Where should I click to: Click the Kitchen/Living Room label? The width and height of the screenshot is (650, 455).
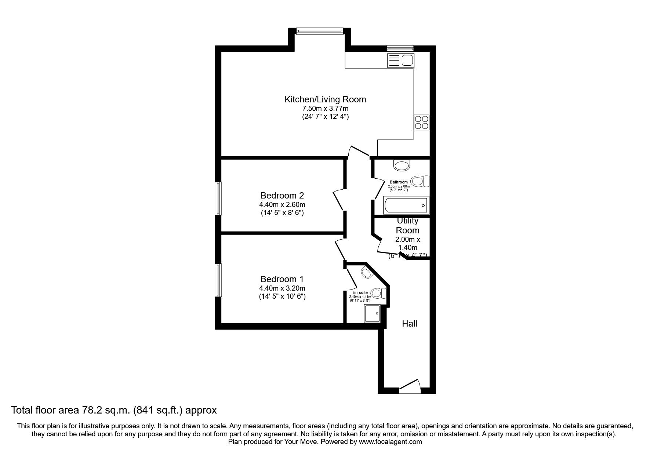point(325,99)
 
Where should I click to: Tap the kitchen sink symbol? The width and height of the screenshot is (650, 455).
point(400,61)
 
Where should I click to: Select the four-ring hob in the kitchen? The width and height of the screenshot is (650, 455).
point(421,122)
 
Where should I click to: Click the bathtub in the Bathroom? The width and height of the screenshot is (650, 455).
point(406,205)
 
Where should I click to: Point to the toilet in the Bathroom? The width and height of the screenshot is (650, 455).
point(420,181)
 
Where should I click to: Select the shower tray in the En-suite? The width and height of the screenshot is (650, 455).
point(372,313)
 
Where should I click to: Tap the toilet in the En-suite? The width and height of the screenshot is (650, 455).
point(378,293)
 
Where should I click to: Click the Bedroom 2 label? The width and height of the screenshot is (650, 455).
point(282,196)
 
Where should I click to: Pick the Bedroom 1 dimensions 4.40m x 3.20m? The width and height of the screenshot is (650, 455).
point(282,288)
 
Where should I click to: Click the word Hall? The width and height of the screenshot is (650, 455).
point(410,324)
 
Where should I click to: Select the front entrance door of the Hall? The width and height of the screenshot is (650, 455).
point(410,387)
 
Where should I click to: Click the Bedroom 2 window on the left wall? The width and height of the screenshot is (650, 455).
point(218,198)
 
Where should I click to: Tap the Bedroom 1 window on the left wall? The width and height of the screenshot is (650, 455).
point(218,280)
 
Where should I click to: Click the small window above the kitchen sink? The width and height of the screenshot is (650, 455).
point(400,48)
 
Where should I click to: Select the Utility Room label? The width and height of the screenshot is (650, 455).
point(407,226)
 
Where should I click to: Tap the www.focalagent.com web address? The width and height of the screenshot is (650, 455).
point(390,442)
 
